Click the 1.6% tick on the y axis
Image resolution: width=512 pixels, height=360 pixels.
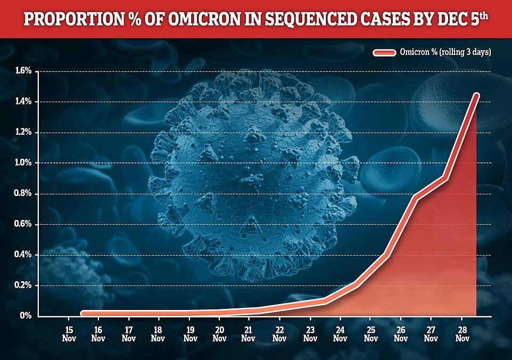(x=24, y=71)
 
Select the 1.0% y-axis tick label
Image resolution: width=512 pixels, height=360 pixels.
(x=24, y=163)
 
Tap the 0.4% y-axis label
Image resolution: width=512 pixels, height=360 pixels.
(x=24, y=255)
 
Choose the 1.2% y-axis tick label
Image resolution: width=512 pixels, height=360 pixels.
(x=24, y=133)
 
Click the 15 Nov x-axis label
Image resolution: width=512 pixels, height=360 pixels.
(x=68, y=333)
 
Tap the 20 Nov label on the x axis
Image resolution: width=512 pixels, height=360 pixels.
(x=218, y=333)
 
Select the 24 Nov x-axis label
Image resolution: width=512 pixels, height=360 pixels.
(x=338, y=333)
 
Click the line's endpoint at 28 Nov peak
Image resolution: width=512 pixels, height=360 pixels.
(x=476, y=96)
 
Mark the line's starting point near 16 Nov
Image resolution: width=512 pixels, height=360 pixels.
(x=84, y=314)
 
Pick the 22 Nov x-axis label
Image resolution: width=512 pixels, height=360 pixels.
(x=278, y=333)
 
